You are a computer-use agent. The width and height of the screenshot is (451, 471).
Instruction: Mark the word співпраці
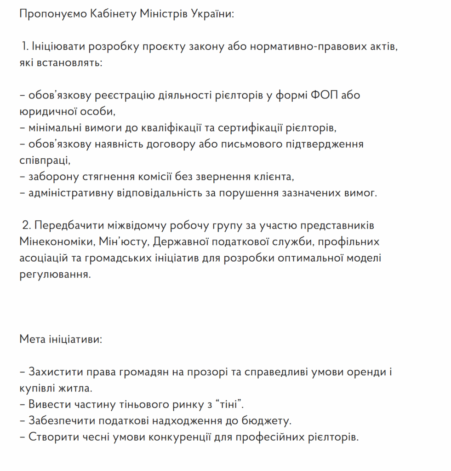click(45, 160)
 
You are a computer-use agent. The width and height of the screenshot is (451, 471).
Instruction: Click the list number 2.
click(26, 226)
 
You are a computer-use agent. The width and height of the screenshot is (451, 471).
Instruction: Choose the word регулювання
click(53, 275)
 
